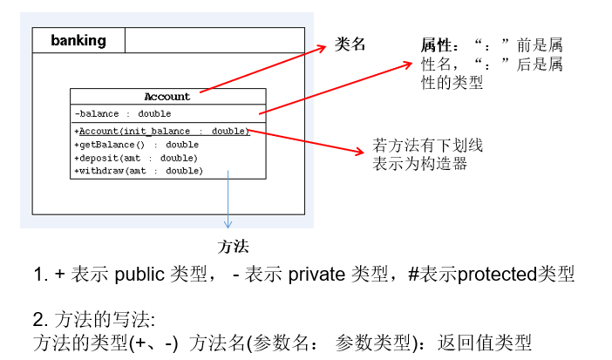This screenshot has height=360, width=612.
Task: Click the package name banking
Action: point(78,40)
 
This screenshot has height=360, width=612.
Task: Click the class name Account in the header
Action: point(167,97)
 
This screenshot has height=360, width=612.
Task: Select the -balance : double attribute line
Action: point(123,113)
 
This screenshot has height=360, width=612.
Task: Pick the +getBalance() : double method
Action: point(137,144)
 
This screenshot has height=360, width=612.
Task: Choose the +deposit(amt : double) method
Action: point(137,158)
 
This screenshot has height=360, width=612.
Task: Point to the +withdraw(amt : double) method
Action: point(139,171)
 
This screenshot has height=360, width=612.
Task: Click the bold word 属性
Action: point(435,45)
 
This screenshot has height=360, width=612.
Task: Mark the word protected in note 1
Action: point(496,275)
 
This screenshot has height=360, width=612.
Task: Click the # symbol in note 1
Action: point(414,275)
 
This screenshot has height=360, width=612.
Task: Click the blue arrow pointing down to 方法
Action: point(229,200)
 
